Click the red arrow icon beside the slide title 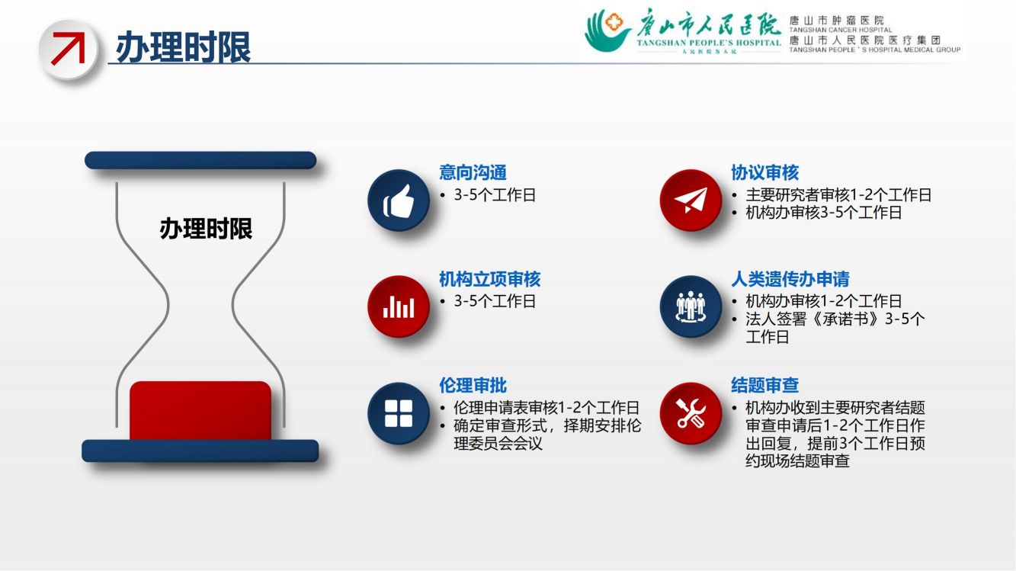tap(69, 49)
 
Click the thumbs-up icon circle tap(399, 200)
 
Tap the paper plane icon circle tap(691, 200)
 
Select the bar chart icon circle tap(399, 306)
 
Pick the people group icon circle tap(691, 306)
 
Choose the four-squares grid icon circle tap(399, 413)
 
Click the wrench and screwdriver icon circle tap(691, 413)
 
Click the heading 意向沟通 tap(473, 173)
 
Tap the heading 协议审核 tap(764, 173)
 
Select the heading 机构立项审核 tap(490, 279)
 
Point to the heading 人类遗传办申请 tap(790, 279)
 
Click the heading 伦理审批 tap(473, 386)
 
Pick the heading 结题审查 tap(764, 386)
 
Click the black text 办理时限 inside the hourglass tap(206, 228)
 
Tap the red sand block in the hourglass tap(200, 411)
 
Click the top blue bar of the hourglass tap(200, 161)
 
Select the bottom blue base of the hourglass tap(200, 451)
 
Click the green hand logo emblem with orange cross tap(607, 30)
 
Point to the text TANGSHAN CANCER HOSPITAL tap(841, 30)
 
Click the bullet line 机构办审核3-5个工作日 tap(823, 213)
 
